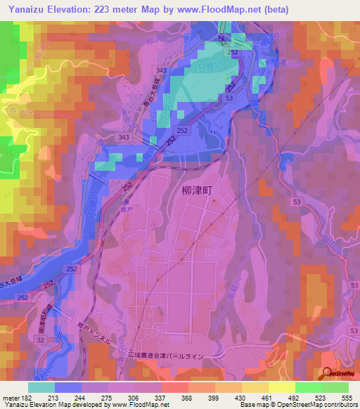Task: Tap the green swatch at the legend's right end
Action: tap(335, 387)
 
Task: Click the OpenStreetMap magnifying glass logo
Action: tap(327, 375)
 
